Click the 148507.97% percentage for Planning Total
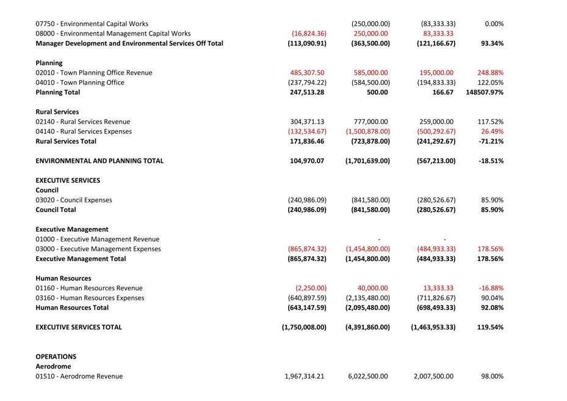485,92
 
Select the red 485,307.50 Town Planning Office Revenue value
307,73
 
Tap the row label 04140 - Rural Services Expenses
84,131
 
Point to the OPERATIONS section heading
56,356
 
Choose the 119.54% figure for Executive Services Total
490,327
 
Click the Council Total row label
56,210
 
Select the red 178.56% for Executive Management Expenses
490,249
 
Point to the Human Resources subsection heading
63,278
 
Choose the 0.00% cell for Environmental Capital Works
494,24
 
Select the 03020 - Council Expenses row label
74,200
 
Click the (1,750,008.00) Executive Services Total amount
304,327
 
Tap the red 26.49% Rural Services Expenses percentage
492,131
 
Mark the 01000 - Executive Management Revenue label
98,239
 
